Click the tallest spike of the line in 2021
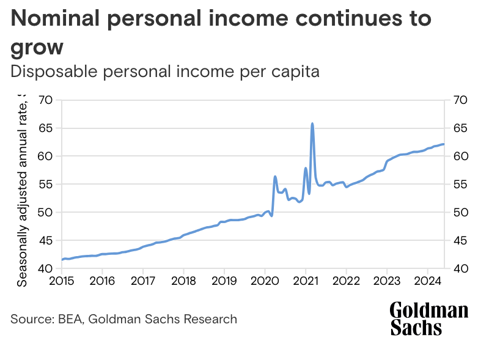click(x=312, y=123)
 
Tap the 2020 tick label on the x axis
click(x=265, y=281)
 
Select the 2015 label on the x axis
click(x=61, y=281)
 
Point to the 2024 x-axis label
click(x=427, y=281)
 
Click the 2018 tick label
click(x=183, y=281)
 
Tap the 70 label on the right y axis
click(x=459, y=100)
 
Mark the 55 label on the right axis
click(x=459, y=185)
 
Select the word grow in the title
click(x=37, y=46)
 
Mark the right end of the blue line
click(x=444, y=144)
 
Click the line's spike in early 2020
click(x=275, y=177)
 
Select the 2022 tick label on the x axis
click(x=346, y=281)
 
